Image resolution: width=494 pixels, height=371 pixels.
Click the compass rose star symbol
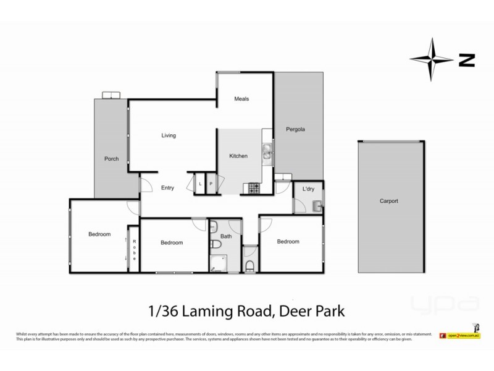click(433, 59)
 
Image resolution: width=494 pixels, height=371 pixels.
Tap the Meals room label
click(241, 99)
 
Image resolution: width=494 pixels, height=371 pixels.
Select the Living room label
click(169, 135)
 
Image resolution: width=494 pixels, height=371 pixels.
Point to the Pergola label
click(295, 130)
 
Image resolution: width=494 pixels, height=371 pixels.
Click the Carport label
click(389, 201)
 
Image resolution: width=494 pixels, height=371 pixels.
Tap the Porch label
click(111, 159)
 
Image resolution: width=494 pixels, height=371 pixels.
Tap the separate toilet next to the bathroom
click(249, 267)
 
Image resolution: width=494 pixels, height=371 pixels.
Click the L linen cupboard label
click(201, 184)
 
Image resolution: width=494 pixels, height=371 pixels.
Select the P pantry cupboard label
click(211, 184)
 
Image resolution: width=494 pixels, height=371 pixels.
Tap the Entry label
click(168, 188)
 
